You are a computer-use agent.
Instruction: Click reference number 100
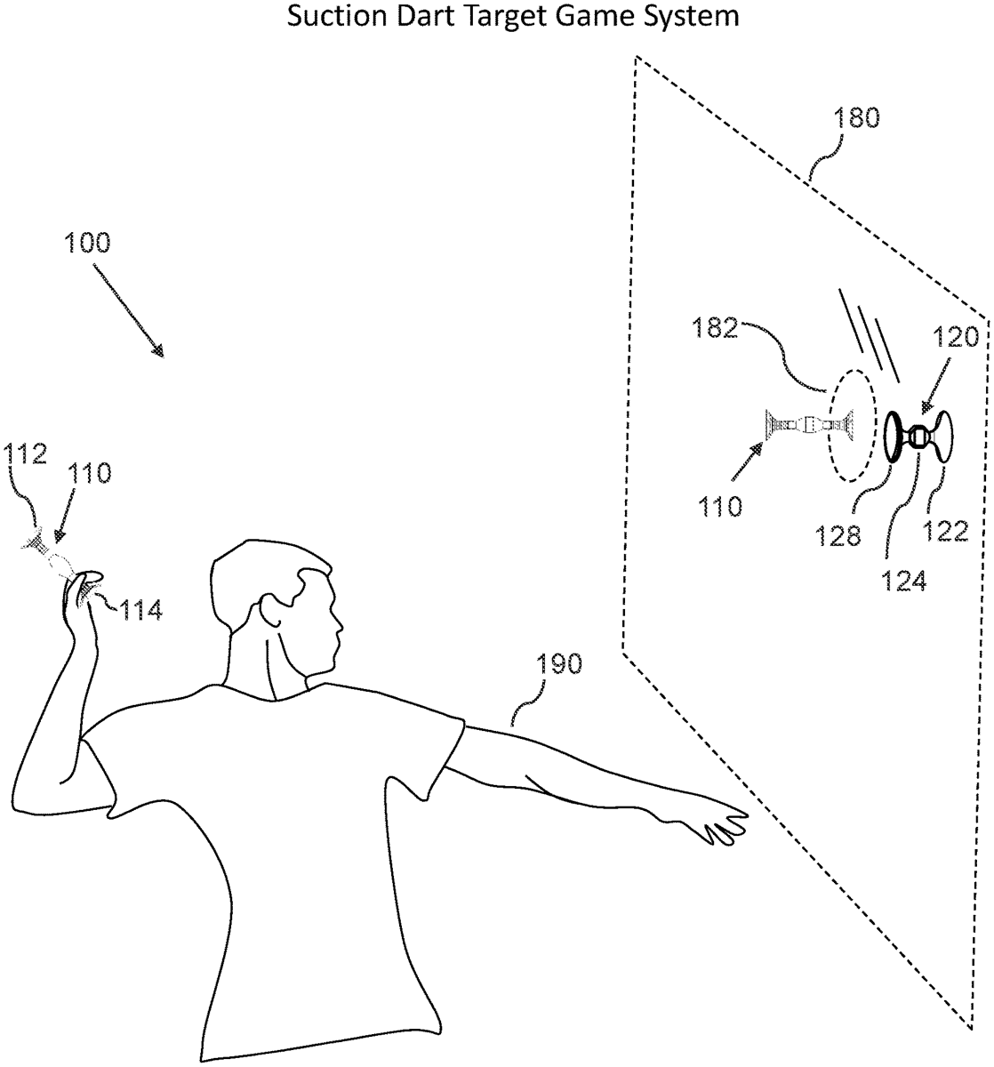click(x=88, y=243)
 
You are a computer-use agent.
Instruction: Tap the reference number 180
click(x=856, y=117)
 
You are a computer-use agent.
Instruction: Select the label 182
click(x=715, y=327)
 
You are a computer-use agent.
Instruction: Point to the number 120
click(x=956, y=337)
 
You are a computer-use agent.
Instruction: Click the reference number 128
click(x=838, y=535)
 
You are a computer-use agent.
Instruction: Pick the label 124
click(x=904, y=581)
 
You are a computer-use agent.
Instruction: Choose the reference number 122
click(x=946, y=531)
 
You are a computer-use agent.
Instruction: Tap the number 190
click(x=558, y=664)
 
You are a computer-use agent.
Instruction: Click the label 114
click(x=140, y=610)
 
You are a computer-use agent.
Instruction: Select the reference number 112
click(x=26, y=454)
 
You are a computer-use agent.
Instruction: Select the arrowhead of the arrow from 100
click(x=157, y=351)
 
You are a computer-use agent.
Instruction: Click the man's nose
click(x=340, y=627)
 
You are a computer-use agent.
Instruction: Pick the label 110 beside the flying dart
click(x=720, y=506)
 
